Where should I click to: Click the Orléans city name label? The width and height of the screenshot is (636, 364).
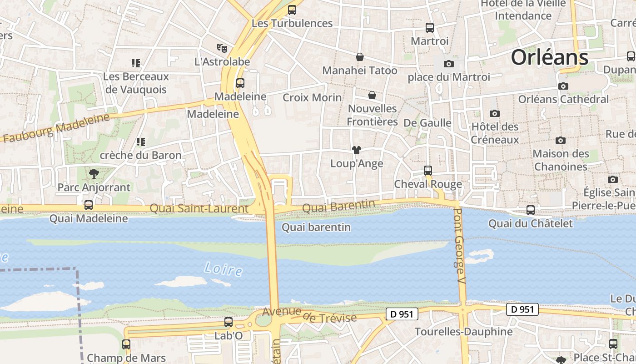(x=550, y=58)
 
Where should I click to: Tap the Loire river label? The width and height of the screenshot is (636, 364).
(x=223, y=269)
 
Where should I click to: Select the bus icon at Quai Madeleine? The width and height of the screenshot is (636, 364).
(x=89, y=205)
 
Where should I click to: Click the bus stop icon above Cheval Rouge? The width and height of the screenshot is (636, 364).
(x=428, y=171)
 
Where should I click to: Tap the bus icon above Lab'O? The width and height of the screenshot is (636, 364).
(x=229, y=322)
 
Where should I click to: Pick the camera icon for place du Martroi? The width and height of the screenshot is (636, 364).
(x=449, y=64)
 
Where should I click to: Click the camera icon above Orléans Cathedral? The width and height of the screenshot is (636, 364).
(x=563, y=86)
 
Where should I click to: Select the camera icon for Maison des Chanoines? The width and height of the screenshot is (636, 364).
(x=561, y=141)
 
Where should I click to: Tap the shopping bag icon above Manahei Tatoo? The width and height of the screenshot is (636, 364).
(x=360, y=57)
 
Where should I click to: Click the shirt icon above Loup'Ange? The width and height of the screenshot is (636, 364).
(x=356, y=150)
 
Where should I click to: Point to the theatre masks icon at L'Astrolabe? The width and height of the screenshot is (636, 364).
(x=222, y=47)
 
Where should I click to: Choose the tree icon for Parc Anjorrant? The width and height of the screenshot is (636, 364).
(x=94, y=173)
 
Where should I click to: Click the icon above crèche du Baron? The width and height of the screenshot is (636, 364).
(x=140, y=142)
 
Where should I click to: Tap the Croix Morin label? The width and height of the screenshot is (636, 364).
(x=312, y=97)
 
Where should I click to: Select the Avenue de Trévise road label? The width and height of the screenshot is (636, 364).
(x=309, y=314)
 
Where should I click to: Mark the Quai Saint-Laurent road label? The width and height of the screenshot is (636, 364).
(x=199, y=208)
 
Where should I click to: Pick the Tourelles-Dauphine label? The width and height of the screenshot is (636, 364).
(x=463, y=332)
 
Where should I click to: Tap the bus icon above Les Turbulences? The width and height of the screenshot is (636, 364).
(x=292, y=10)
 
